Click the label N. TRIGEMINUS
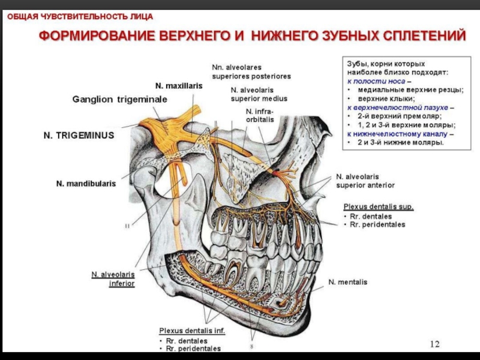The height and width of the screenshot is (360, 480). click(x=79, y=136)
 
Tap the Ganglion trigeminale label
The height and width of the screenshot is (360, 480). click(x=112, y=98)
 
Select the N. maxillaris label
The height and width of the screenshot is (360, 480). click(x=179, y=86)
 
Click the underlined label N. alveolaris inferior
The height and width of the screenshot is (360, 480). click(x=113, y=279)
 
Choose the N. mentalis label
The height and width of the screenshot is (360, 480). click(x=347, y=281)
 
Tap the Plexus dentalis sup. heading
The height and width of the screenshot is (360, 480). click(x=378, y=206)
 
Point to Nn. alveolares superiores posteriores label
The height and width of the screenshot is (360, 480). click(x=251, y=72)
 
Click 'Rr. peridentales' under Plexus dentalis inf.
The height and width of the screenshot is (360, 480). click(x=193, y=349)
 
